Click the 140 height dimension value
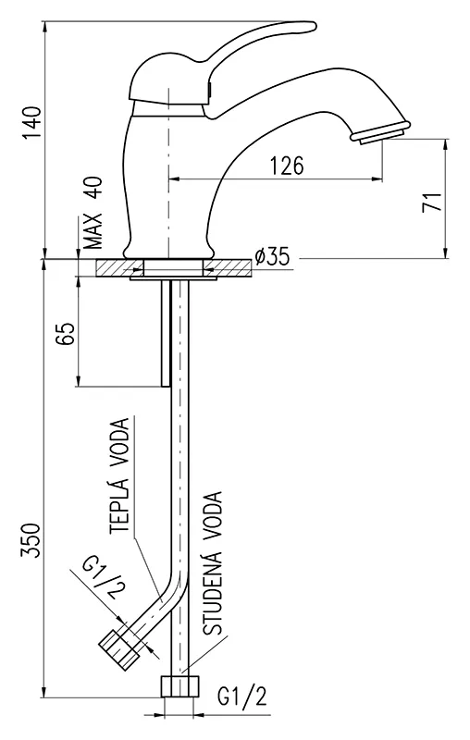pos(33,123)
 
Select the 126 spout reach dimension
pos(287,166)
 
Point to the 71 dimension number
pos(432,201)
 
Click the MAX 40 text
pos(93,213)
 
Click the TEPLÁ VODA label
pos(119,475)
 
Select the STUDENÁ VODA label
pos(213,563)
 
